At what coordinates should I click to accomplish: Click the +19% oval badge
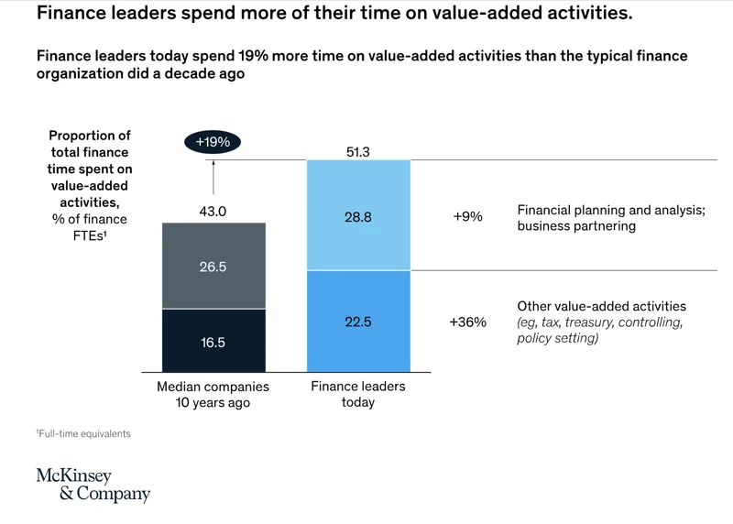coord(213,142)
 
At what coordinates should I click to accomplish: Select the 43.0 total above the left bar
coord(213,211)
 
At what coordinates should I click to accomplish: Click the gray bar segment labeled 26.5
coord(213,266)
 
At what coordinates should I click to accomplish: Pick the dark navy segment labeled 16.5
coord(213,341)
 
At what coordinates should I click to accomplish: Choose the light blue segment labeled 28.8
coord(359,215)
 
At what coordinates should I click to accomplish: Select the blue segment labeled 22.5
coord(359,322)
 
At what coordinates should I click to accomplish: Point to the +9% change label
coord(468,217)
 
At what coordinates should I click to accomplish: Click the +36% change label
coord(468,322)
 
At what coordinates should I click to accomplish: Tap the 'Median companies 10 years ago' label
coord(213,394)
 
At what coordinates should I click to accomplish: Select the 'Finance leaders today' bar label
coord(359,394)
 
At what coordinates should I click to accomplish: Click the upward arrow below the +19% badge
coord(213,176)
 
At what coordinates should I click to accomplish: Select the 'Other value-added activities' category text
coord(601,306)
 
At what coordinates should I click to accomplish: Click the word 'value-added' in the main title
coord(457,16)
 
